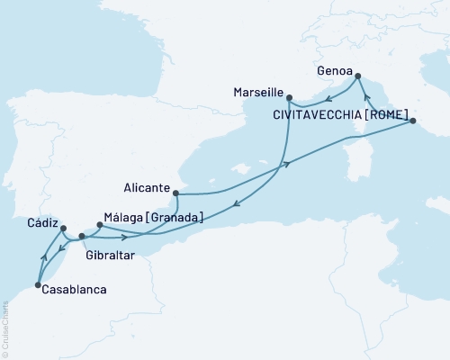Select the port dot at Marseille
tap(289, 95)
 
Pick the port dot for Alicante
tap(177, 193)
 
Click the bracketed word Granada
tap(175, 216)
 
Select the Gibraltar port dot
tap(82, 236)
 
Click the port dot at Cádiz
tap(62, 229)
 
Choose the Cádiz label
tap(42, 222)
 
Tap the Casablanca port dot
tap(38, 285)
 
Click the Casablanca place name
tap(75, 290)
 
